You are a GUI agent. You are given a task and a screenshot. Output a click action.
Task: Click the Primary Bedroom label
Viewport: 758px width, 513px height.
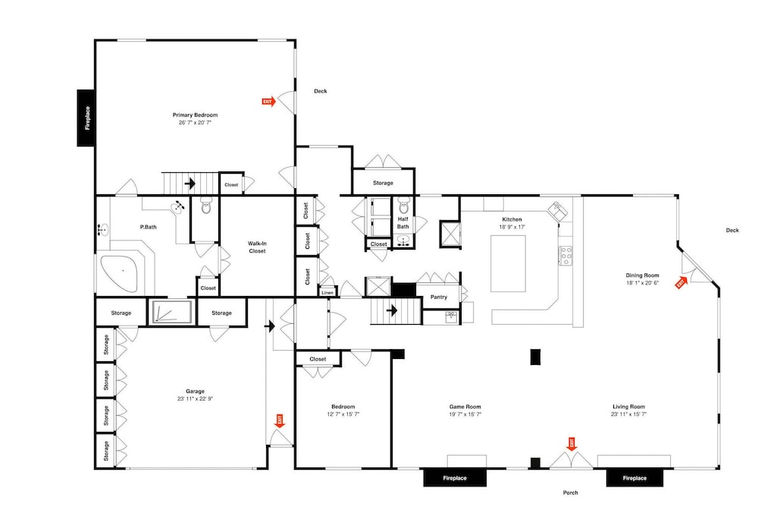click(x=195, y=115)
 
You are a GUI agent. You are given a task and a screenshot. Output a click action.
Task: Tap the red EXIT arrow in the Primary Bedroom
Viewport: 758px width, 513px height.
click(x=269, y=102)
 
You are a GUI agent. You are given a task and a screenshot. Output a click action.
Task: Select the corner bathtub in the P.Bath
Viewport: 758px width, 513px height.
click(x=119, y=273)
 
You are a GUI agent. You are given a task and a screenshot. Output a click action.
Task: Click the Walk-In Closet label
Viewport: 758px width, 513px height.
click(x=257, y=247)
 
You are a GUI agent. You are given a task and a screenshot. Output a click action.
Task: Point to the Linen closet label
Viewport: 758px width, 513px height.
click(x=327, y=293)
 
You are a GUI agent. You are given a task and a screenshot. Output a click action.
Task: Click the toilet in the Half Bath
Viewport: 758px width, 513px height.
click(x=404, y=206)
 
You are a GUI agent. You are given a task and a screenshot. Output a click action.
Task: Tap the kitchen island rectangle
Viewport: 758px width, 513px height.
click(x=508, y=264)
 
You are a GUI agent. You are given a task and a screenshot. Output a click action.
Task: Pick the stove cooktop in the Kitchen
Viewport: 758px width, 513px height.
click(x=565, y=256)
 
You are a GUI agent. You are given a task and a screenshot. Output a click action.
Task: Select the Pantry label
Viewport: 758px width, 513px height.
click(x=438, y=297)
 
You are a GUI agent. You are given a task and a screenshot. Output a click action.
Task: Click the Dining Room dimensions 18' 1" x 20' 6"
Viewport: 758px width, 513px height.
click(x=643, y=283)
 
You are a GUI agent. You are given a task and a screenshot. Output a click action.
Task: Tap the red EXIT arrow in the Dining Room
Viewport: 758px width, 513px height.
click(x=681, y=282)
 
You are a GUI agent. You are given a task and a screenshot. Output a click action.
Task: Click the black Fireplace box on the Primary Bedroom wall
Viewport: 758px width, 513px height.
click(x=86, y=118)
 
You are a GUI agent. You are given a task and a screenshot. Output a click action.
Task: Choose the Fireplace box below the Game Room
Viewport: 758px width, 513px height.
click(x=455, y=477)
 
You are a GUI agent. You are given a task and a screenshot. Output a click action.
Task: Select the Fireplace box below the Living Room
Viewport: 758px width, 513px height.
click(x=634, y=477)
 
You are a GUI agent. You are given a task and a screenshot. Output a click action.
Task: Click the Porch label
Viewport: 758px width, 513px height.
click(x=571, y=493)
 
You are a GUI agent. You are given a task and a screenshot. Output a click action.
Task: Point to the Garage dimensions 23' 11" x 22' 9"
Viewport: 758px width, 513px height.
click(x=195, y=398)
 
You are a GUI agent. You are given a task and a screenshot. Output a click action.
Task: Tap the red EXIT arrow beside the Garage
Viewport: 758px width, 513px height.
click(x=280, y=420)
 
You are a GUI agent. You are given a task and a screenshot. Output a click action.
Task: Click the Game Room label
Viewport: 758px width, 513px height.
click(x=465, y=407)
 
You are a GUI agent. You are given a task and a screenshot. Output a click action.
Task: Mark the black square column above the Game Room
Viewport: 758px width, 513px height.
click(x=535, y=357)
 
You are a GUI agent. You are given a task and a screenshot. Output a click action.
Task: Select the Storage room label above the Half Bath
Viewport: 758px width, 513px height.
click(x=383, y=183)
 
